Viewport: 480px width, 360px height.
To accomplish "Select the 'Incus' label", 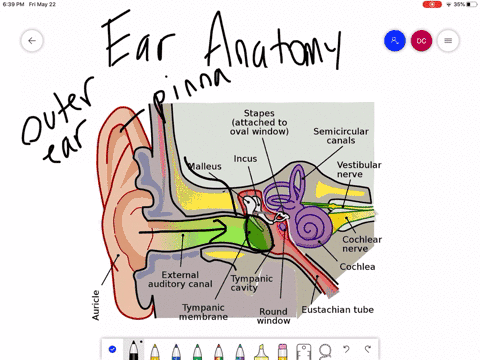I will point(245,158).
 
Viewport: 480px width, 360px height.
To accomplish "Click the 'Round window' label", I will point(272,316).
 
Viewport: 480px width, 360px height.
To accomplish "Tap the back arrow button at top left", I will point(32,41).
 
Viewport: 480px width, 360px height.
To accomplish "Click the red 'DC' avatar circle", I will point(421,41).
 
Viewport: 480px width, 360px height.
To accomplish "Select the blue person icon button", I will point(395,41).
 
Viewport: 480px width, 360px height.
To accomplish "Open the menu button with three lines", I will point(447,41).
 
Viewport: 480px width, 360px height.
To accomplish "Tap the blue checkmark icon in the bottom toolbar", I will point(112,349).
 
